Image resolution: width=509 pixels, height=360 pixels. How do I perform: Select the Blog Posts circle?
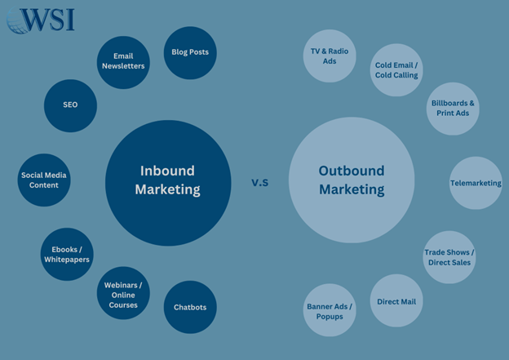point(190,52)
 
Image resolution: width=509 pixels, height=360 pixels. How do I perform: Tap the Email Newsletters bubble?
point(123,62)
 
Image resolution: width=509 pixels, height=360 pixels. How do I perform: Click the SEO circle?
point(70,104)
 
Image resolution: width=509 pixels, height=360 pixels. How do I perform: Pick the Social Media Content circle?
point(44,180)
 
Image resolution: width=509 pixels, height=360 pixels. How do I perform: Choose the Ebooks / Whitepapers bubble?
point(67,254)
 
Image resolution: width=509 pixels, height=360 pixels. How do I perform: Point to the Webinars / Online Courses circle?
point(123,294)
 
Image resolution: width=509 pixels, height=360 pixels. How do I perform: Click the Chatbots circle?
point(190,307)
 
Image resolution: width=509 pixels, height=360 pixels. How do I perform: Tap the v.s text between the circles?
point(260,182)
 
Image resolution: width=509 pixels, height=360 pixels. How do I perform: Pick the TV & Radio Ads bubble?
point(330,56)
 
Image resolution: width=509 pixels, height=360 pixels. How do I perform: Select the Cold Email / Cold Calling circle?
point(396,69)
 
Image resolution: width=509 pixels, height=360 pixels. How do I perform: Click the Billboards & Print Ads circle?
point(453,109)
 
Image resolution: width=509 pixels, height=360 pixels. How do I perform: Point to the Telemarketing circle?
point(476,183)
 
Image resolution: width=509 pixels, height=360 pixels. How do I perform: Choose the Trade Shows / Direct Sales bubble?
point(449,257)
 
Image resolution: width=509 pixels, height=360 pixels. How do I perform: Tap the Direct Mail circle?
point(396,301)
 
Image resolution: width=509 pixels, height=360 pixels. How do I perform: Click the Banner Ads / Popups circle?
point(330,311)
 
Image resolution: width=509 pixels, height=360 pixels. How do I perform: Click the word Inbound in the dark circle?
point(167,171)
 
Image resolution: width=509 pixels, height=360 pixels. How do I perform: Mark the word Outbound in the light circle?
point(352,171)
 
